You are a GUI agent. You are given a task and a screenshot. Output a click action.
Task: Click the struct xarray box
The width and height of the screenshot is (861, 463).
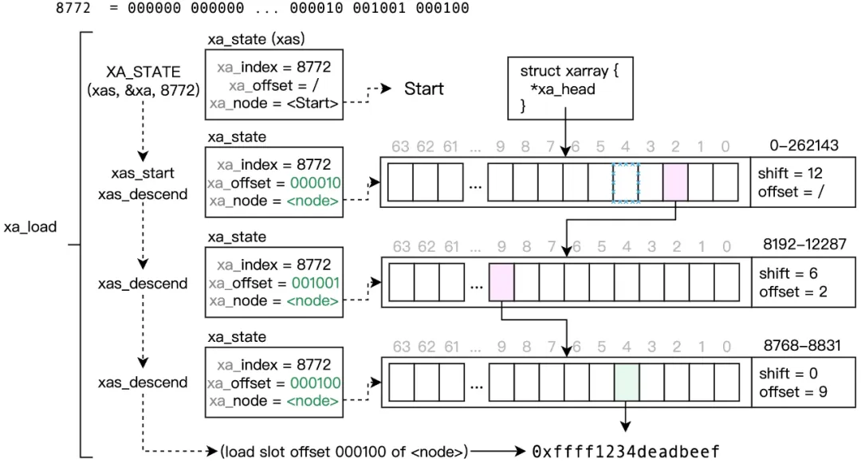coord(568,88)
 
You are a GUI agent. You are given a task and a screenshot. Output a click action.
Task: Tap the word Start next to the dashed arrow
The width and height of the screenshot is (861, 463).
coord(423,88)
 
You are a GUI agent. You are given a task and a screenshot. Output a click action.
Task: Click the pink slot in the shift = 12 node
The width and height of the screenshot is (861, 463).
coord(675,182)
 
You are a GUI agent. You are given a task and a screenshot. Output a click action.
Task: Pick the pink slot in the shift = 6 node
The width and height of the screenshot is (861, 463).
coord(501,282)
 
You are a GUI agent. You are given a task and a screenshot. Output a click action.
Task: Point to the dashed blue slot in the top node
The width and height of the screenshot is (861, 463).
coord(626,182)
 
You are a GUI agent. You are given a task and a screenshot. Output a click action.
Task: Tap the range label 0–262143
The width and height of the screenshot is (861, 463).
coord(804,145)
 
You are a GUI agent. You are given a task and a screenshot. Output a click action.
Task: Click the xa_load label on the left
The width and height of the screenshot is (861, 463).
coord(30,226)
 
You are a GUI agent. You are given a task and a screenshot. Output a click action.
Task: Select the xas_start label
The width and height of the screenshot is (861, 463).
coord(143,173)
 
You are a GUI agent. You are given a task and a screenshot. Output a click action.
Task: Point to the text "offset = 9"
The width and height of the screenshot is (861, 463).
coord(792,391)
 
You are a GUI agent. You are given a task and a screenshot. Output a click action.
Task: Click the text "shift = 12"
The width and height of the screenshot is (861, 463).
coord(791,173)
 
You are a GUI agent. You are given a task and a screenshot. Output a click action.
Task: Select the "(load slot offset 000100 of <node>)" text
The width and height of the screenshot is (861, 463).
coord(344,452)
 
